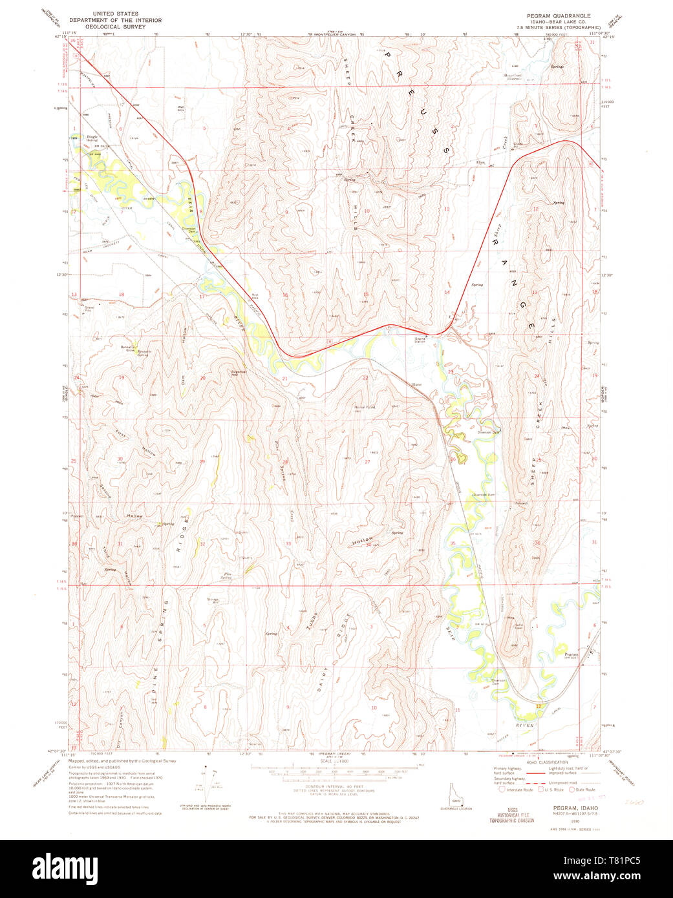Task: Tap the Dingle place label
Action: (76, 138)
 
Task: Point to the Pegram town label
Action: (570, 654)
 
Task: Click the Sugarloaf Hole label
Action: (239, 373)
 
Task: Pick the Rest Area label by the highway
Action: (255, 296)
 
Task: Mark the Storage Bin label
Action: (213, 601)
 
